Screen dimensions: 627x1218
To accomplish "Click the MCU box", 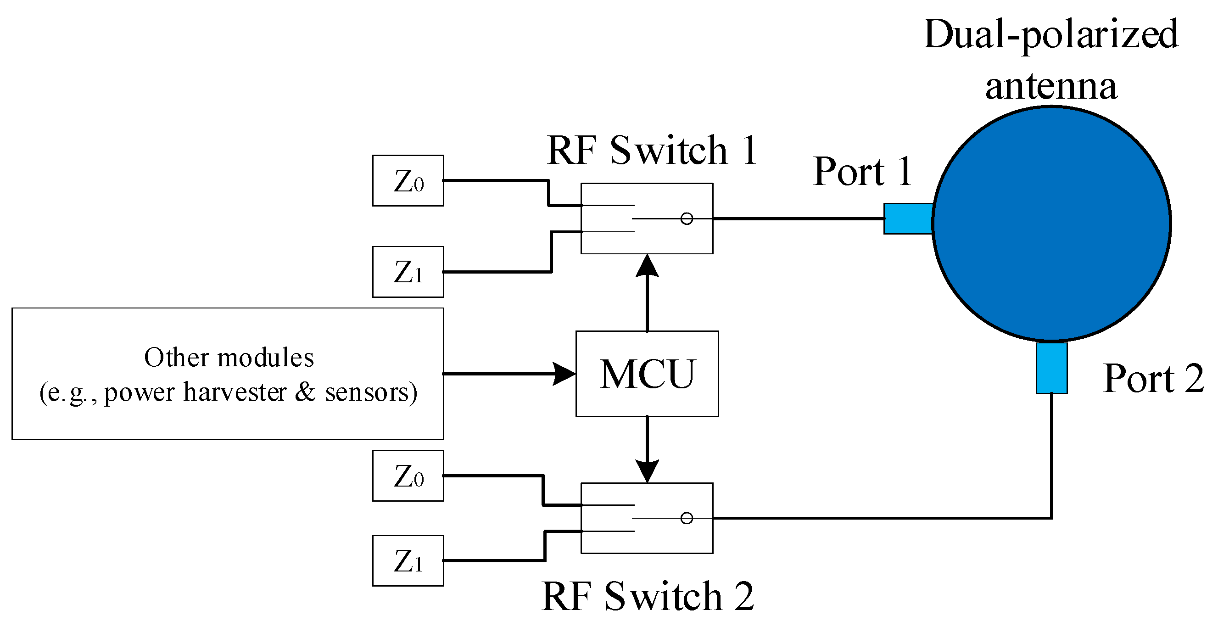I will click(646, 374).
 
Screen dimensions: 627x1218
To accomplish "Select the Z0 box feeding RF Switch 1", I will click(408, 181).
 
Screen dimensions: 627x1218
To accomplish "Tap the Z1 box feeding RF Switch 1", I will click(408, 272).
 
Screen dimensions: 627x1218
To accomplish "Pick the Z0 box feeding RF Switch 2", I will click(408, 476).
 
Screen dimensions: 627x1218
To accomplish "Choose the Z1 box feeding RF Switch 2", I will click(408, 561).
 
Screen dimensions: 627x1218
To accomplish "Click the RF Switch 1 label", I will click(652, 151).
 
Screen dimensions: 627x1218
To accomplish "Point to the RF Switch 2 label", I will click(647, 597).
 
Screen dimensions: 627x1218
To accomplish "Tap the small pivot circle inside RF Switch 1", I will click(687, 218).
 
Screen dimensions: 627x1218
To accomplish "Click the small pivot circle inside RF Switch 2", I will click(687, 518).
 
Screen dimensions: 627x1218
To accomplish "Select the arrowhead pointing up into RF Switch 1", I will click(647, 266).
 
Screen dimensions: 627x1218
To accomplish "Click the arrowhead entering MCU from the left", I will click(564, 374).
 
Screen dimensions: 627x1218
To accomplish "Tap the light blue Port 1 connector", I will click(907, 218).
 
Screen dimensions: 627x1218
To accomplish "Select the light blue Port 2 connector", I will click(1051, 368).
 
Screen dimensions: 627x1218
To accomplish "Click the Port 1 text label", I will click(862, 172).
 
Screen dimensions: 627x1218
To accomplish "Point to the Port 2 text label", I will click(1153, 379).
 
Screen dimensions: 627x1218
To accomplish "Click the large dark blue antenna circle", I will click(1051, 223).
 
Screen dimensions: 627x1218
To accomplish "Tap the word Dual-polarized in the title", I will click(1050, 34).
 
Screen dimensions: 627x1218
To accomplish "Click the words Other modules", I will click(229, 358).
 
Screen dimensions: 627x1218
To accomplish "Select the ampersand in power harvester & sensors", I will click(306, 392).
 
